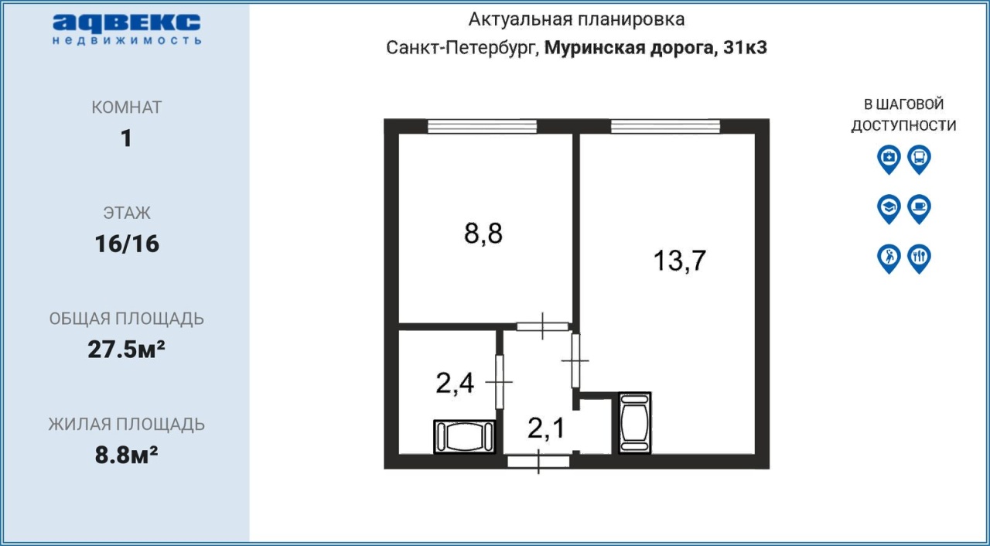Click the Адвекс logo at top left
point(126,29)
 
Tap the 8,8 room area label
point(483,234)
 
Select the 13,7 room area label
point(679,260)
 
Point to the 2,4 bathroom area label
point(455,383)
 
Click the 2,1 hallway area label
point(546,428)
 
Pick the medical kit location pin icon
point(889,159)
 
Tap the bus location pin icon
point(920,159)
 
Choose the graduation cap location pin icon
point(889,209)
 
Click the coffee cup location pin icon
point(920,209)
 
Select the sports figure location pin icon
point(889,259)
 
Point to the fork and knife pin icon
point(920,259)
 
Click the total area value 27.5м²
point(126,349)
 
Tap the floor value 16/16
point(127,244)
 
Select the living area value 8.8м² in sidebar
point(126,455)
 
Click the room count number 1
point(126,138)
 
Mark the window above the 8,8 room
point(482,126)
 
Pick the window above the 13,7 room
point(666,126)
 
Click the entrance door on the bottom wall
point(538,462)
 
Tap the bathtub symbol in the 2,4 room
point(465,437)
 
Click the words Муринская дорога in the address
point(629,48)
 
